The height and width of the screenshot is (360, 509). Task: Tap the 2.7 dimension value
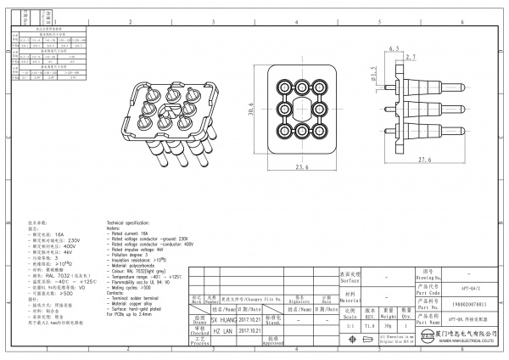tap(412, 57)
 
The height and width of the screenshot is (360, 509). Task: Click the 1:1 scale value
tap(350, 324)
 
